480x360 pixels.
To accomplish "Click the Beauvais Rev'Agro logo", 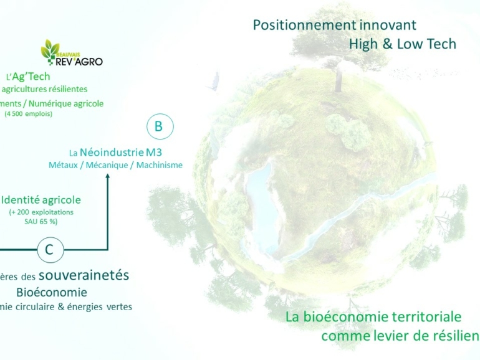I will click(71, 54).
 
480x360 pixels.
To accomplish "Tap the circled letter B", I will click(158, 126).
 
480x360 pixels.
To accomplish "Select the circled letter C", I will click(50, 250).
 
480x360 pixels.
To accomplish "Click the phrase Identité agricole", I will click(41, 200).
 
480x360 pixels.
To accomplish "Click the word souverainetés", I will click(84, 275).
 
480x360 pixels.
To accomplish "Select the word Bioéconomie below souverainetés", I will click(52, 292).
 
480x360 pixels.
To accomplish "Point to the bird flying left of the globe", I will click(218, 80).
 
